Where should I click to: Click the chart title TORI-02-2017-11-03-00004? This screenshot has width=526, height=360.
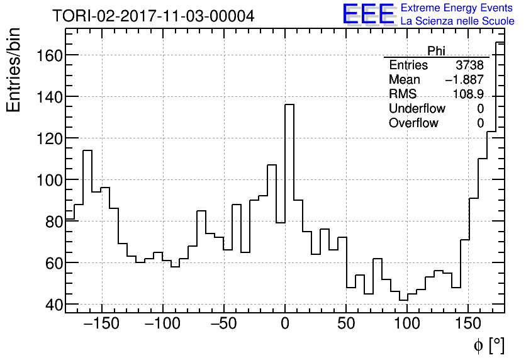[153, 16]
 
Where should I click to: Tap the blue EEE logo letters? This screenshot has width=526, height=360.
[368, 14]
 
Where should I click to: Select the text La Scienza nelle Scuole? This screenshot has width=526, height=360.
[457, 21]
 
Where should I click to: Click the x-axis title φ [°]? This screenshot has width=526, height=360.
[488, 345]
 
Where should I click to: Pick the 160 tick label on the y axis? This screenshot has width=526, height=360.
[45, 55]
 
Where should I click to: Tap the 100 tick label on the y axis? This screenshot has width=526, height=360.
[45, 180]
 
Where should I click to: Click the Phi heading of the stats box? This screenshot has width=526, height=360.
[436, 51]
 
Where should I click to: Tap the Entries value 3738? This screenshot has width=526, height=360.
[469, 65]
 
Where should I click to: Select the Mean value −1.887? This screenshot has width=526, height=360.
[464, 80]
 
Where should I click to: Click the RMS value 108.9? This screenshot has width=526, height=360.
[469, 94]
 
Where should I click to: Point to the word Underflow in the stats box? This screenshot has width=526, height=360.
[417, 109]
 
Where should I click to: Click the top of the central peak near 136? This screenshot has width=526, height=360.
[289, 104]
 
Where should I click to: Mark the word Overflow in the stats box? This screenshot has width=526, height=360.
[413, 123]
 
